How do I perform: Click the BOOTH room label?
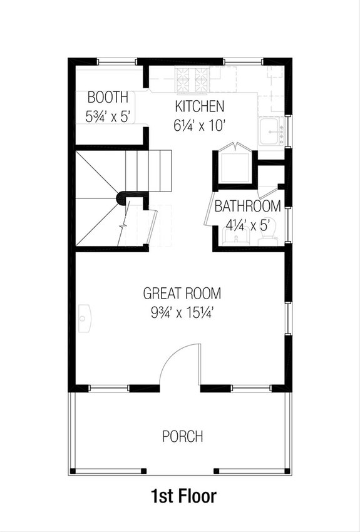coord(108,98)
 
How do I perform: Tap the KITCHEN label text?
coord(199,106)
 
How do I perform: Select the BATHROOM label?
coord(247,206)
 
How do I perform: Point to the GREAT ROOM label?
coord(182,293)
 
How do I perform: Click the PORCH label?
coord(182,436)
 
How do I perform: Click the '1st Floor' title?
coord(183,496)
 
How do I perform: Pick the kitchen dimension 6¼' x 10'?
coord(199,125)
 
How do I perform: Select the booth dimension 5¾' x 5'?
coord(108,116)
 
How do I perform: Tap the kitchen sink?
coord(271,133)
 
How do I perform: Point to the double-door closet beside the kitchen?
coord(235,166)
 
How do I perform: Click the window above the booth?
coord(117,61)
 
